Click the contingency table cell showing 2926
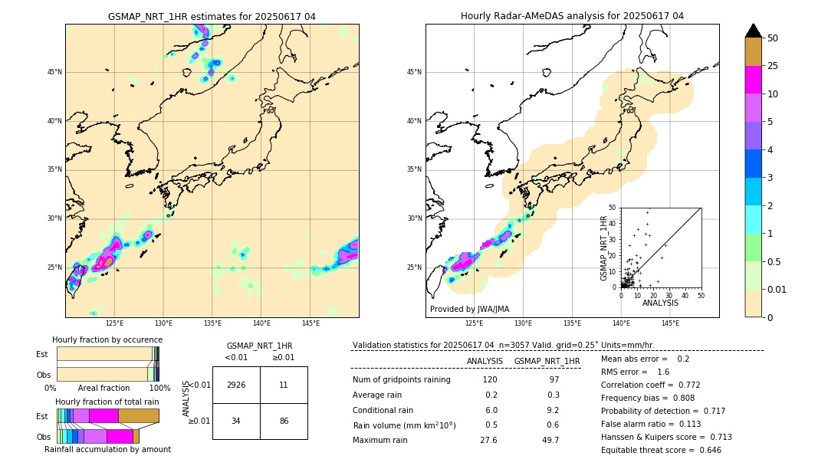[236, 385]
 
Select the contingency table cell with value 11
[284, 385]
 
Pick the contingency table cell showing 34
[236, 421]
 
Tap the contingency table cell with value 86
[284, 421]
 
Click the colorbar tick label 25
[774, 66]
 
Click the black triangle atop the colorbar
[754, 31]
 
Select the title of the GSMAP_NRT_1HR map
[212, 17]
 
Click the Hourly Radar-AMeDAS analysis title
[572, 16]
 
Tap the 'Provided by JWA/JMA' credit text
[469, 310]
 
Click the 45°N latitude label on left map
[54, 73]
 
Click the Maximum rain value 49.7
[550, 440]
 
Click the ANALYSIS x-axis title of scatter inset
[660, 303]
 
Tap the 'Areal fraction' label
[103, 389]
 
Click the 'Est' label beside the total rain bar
[42, 416]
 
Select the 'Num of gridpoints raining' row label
[402, 380]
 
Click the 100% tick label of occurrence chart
[159, 389]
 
